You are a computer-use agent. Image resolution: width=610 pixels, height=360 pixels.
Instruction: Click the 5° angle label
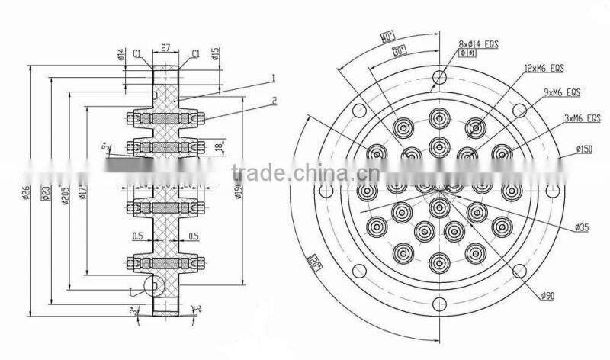click(x=104, y=146)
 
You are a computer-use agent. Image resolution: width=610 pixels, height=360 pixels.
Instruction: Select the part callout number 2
click(x=272, y=100)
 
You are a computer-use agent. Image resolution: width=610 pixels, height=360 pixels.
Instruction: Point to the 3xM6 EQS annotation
click(x=582, y=118)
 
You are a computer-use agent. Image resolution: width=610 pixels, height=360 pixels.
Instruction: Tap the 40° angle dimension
click(x=387, y=36)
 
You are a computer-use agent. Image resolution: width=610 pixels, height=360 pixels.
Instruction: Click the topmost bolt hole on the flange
click(x=438, y=76)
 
